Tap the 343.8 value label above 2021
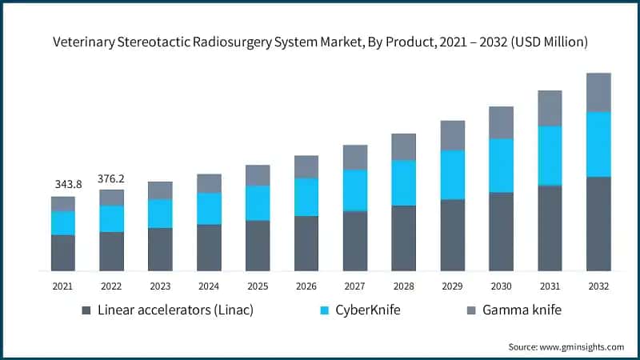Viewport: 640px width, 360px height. tap(63, 185)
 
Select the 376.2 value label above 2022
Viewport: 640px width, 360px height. tap(111, 178)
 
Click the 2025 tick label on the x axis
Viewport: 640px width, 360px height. tap(257, 286)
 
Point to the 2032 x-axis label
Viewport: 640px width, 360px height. tap(598, 286)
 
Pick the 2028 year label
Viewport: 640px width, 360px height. tap(403, 286)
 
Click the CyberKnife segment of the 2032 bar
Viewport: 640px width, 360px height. tap(598, 144)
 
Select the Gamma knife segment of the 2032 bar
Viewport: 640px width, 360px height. tap(598, 92)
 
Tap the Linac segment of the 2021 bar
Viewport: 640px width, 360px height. tap(63, 253)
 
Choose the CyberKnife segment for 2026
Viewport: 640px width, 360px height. tap(306, 197)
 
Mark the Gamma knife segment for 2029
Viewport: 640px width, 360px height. tap(452, 135)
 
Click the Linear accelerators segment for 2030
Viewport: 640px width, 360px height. tap(501, 231)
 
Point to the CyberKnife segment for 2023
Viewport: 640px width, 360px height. tap(160, 213)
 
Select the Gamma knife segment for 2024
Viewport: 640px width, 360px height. tap(209, 183)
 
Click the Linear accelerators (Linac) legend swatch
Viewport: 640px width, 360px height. tap(86, 310)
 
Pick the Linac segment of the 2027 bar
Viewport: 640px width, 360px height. tap(354, 241)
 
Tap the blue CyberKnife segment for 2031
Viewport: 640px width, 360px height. tap(550, 155)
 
